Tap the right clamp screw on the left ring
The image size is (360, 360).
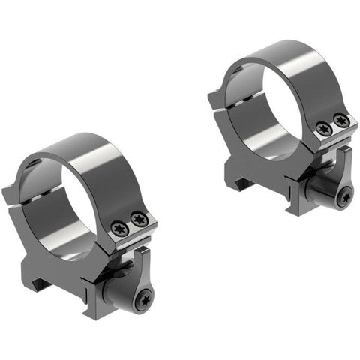point(138,219)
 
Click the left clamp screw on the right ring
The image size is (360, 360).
point(324,128)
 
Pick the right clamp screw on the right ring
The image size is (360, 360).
point(340,120)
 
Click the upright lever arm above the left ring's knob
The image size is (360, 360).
point(142,262)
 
